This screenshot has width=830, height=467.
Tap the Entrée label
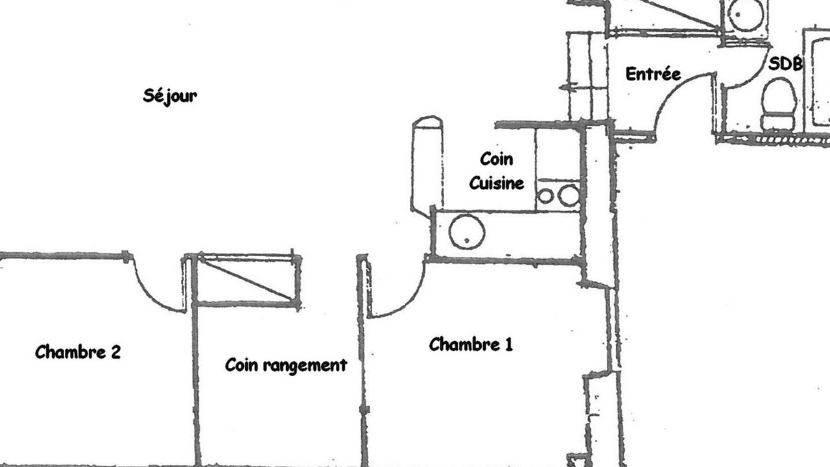(653, 73)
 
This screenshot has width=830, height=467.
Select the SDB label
(785, 64)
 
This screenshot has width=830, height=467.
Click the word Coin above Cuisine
(497, 159)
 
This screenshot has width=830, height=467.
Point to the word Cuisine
(497, 183)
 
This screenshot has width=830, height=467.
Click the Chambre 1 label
(471, 344)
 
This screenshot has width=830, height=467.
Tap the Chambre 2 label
(78, 352)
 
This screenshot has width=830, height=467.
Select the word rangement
(305, 366)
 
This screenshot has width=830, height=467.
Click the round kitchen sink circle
(467, 232)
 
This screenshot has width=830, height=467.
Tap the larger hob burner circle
(569, 196)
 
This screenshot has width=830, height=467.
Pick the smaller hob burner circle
(545, 196)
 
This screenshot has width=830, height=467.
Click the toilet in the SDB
(779, 104)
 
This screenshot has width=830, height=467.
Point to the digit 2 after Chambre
(115, 352)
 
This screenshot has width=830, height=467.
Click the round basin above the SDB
(746, 15)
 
